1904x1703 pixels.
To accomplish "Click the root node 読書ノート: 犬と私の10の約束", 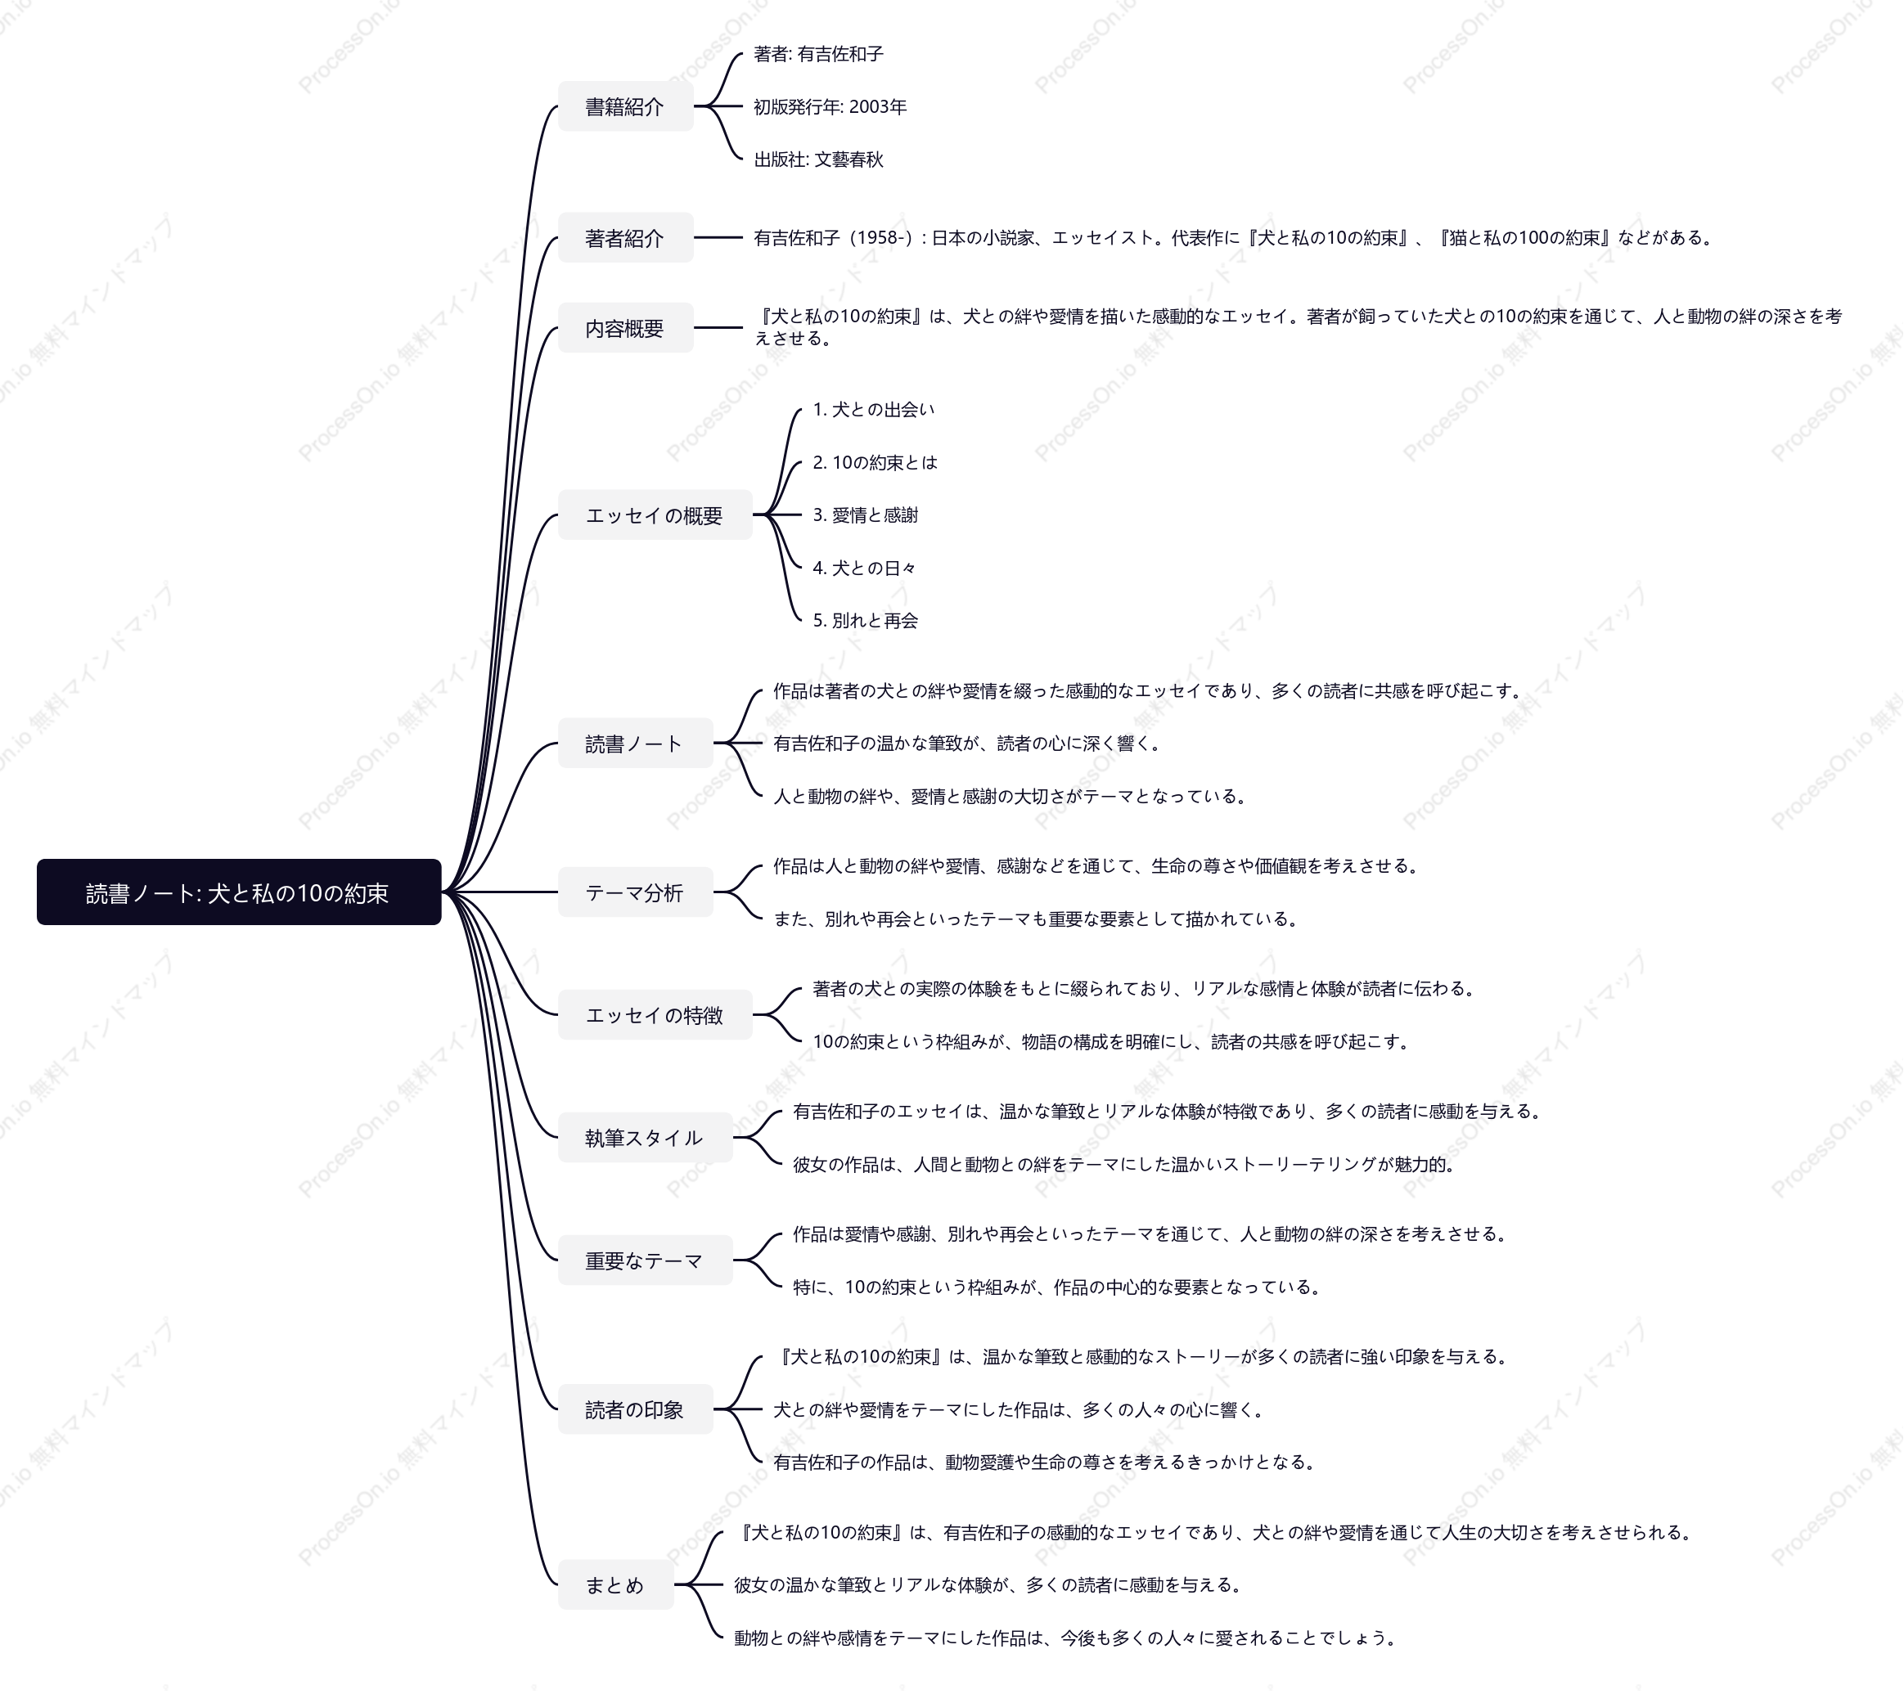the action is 239,892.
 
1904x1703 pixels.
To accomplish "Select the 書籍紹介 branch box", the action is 625,106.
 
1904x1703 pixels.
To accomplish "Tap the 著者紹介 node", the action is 625,238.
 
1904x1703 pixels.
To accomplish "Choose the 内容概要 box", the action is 625,327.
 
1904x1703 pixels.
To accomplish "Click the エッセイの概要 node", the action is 655,514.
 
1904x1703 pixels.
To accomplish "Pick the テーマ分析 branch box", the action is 636,892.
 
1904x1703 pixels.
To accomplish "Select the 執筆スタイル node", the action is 645,1138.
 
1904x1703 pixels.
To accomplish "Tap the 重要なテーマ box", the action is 645,1260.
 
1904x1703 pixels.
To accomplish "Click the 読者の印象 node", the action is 636,1409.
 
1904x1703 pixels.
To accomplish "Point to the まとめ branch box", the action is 616,1585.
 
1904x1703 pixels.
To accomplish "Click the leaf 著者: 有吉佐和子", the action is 819,54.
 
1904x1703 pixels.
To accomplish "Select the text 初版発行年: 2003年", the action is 830,106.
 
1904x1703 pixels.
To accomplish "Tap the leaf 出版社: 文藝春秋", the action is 819,159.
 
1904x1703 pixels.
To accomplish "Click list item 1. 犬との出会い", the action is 873,409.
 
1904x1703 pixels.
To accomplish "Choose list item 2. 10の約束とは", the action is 875,462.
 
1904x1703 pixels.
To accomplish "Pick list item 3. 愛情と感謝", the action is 866,514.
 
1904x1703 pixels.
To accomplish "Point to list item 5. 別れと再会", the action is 866,620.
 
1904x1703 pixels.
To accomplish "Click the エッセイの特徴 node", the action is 655,1014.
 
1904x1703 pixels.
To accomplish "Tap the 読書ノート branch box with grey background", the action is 636,743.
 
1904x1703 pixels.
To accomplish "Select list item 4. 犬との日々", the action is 865,568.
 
